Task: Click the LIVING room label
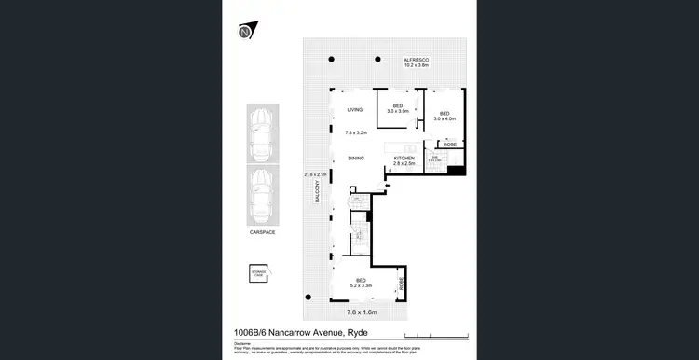pos(354,110)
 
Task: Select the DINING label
pos(355,159)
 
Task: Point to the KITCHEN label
pos(404,159)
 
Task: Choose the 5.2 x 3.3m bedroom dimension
pos(361,284)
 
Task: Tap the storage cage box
pos(258,273)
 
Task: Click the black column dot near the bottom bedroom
pos(306,296)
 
